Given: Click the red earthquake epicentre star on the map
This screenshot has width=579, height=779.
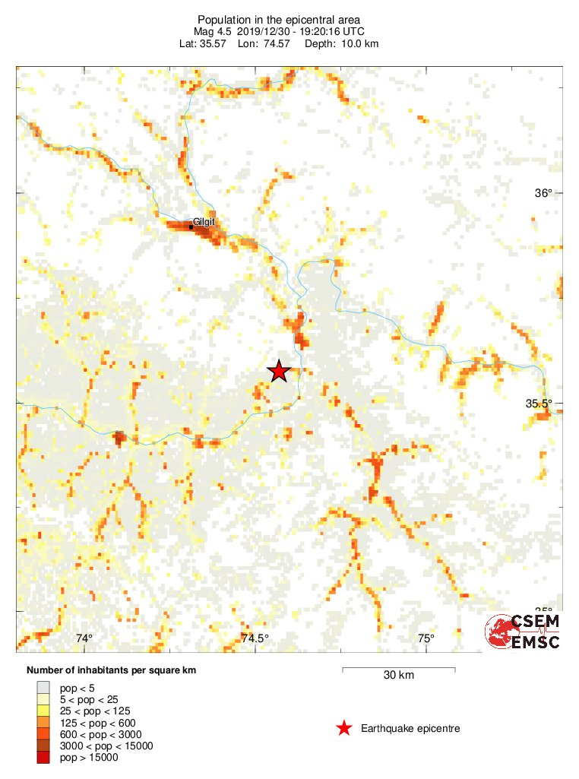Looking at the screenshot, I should point(279,371).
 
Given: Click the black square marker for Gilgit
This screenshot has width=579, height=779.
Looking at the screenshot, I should point(191,226).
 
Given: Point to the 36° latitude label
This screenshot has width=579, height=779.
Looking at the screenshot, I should point(543,193).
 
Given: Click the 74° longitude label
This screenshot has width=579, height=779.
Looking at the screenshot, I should point(84,638).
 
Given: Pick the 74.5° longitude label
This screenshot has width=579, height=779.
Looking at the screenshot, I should point(255,638).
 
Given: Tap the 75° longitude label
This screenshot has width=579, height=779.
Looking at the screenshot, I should point(426,638).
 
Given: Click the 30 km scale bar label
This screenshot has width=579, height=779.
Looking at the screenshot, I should point(398,675).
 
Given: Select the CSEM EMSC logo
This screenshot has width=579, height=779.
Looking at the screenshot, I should point(523,632).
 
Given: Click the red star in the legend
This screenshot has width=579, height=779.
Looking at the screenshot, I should point(344,729).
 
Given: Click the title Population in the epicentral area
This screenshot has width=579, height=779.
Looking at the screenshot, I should point(278,20).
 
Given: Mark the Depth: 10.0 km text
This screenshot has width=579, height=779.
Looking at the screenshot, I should point(341,44).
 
